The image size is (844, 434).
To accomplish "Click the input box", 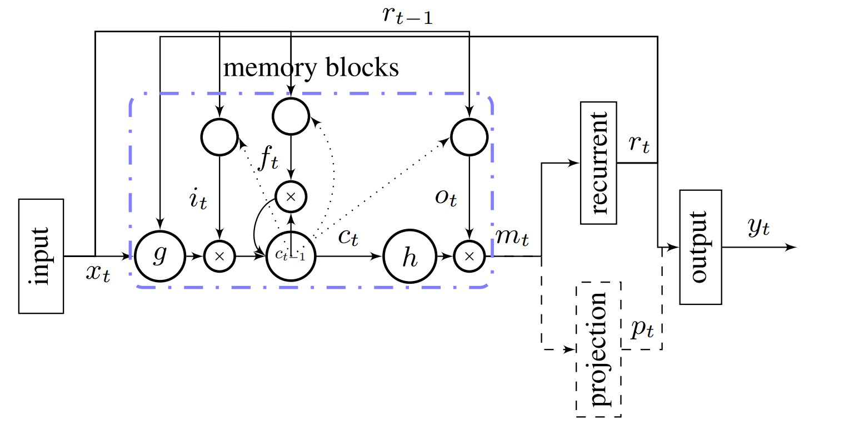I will pos(42,255).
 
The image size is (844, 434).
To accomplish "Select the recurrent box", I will pos(598,162).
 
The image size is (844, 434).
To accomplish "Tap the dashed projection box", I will pos(599,349).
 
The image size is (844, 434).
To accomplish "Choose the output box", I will pos(701,247).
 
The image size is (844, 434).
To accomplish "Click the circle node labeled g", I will pos(159,257).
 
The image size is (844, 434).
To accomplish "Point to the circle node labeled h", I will pos(409,257).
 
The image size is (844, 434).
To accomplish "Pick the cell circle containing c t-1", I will pos(290,256).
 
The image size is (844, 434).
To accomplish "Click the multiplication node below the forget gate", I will pos(289,196).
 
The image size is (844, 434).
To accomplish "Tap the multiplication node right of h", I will pos(470,257).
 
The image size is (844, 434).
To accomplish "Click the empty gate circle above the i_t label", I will pos(219,136).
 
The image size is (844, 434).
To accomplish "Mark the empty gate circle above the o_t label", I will pos(470,136).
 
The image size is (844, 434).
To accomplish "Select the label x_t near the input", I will pos(98,273).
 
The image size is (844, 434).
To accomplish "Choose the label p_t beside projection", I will pos(642,329).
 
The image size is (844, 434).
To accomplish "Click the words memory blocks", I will pos(311,68).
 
